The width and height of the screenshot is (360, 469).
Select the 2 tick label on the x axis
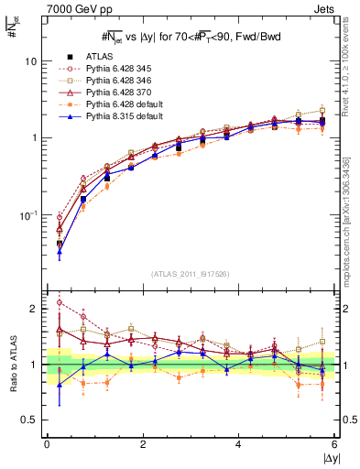tap(142, 444)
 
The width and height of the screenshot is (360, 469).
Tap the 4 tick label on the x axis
tap(238, 444)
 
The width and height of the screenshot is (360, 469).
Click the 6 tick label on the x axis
tap(334, 444)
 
